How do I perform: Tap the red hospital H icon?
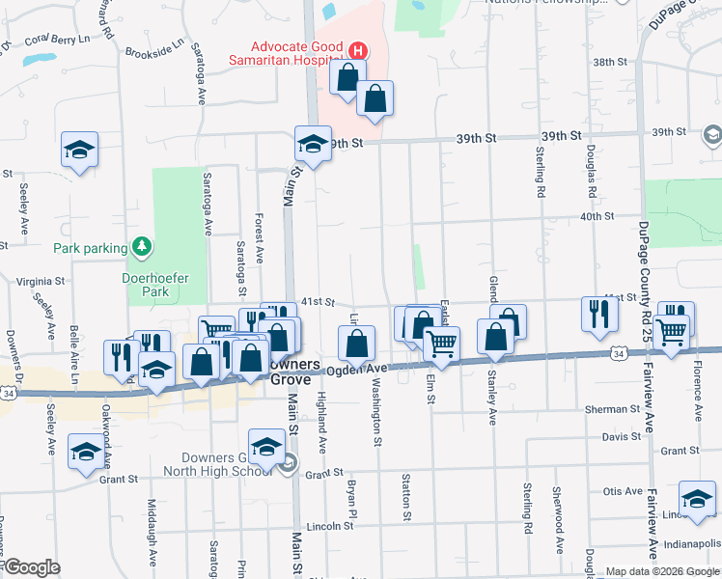coord(358,49)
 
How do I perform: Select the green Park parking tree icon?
coord(142,248)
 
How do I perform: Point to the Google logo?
coord(32,567)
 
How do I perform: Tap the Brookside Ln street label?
coord(154,44)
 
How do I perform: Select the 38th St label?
coord(609,62)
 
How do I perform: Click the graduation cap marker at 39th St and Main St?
coord(313,144)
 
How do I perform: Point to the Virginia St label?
coord(40,282)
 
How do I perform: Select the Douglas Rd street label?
coord(588,175)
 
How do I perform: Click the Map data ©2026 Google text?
coord(662,571)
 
